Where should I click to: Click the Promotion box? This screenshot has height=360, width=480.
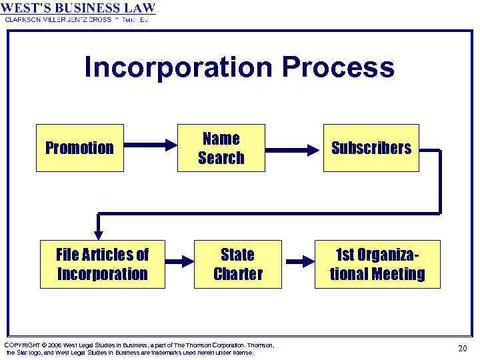pyautogui.click(x=80, y=148)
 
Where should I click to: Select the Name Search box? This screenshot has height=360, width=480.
pyautogui.click(x=221, y=148)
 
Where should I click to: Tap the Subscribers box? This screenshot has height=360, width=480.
pyautogui.click(x=371, y=148)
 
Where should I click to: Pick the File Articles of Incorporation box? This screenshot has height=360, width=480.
pyautogui.click(x=103, y=264)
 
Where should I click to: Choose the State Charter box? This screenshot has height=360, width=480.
pyautogui.click(x=238, y=264)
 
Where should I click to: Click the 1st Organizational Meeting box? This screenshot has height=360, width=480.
pyautogui.click(x=377, y=264)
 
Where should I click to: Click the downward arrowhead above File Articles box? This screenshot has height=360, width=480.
pyautogui.click(x=99, y=233)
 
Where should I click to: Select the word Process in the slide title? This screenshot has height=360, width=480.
pyautogui.click(x=338, y=68)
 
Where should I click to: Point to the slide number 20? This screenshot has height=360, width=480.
pyautogui.click(x=463, y=348)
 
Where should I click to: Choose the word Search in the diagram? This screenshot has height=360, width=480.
pyautogui.click(x=221, y=158)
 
